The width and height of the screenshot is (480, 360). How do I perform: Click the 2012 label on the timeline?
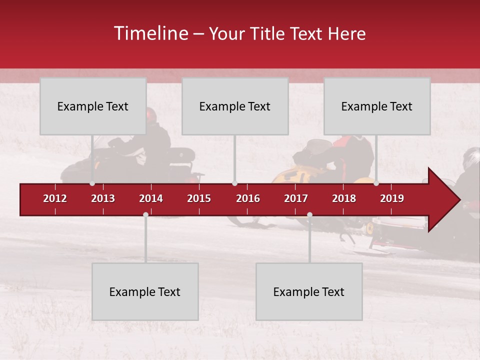pyautogui.click(x=55, y=198)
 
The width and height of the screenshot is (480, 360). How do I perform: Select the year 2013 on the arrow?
pyautogui.click(x=103, y=198)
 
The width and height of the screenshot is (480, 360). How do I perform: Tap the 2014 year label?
pyautogui.click(x=151, y=198)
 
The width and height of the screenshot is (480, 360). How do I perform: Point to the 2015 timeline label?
pyautogui.click(x=199, y=198)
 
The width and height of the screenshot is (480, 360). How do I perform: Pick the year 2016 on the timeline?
pyautogui.click(x=248, y=198)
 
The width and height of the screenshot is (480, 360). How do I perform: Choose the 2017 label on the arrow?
pyautogui.click(x=296, y=198)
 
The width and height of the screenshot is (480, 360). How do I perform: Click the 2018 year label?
pyautogui.click(x=344, y=198)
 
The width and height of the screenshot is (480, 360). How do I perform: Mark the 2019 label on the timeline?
pyautogui.click(x=392, y=198)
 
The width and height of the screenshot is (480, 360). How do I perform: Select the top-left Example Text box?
pyautogui.click(x=93, y=106)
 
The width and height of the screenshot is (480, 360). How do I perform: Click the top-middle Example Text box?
pyautogui.click(x=235, y=106)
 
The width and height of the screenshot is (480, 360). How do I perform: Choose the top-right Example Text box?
pyautogui.click(x=377, y=106)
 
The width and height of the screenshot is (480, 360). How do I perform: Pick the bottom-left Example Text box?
pyautogui.click(x=145, y=291)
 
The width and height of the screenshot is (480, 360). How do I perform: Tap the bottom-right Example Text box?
pyautogui.click(x=309, y=291)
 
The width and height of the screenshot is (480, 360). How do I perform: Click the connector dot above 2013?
pyautogui.click(x=92, y=183)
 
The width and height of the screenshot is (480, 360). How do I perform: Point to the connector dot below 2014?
pyautogui.click(x=145, y=214)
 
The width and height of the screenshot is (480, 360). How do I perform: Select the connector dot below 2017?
pyautogui.click(x=309, y=214)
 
